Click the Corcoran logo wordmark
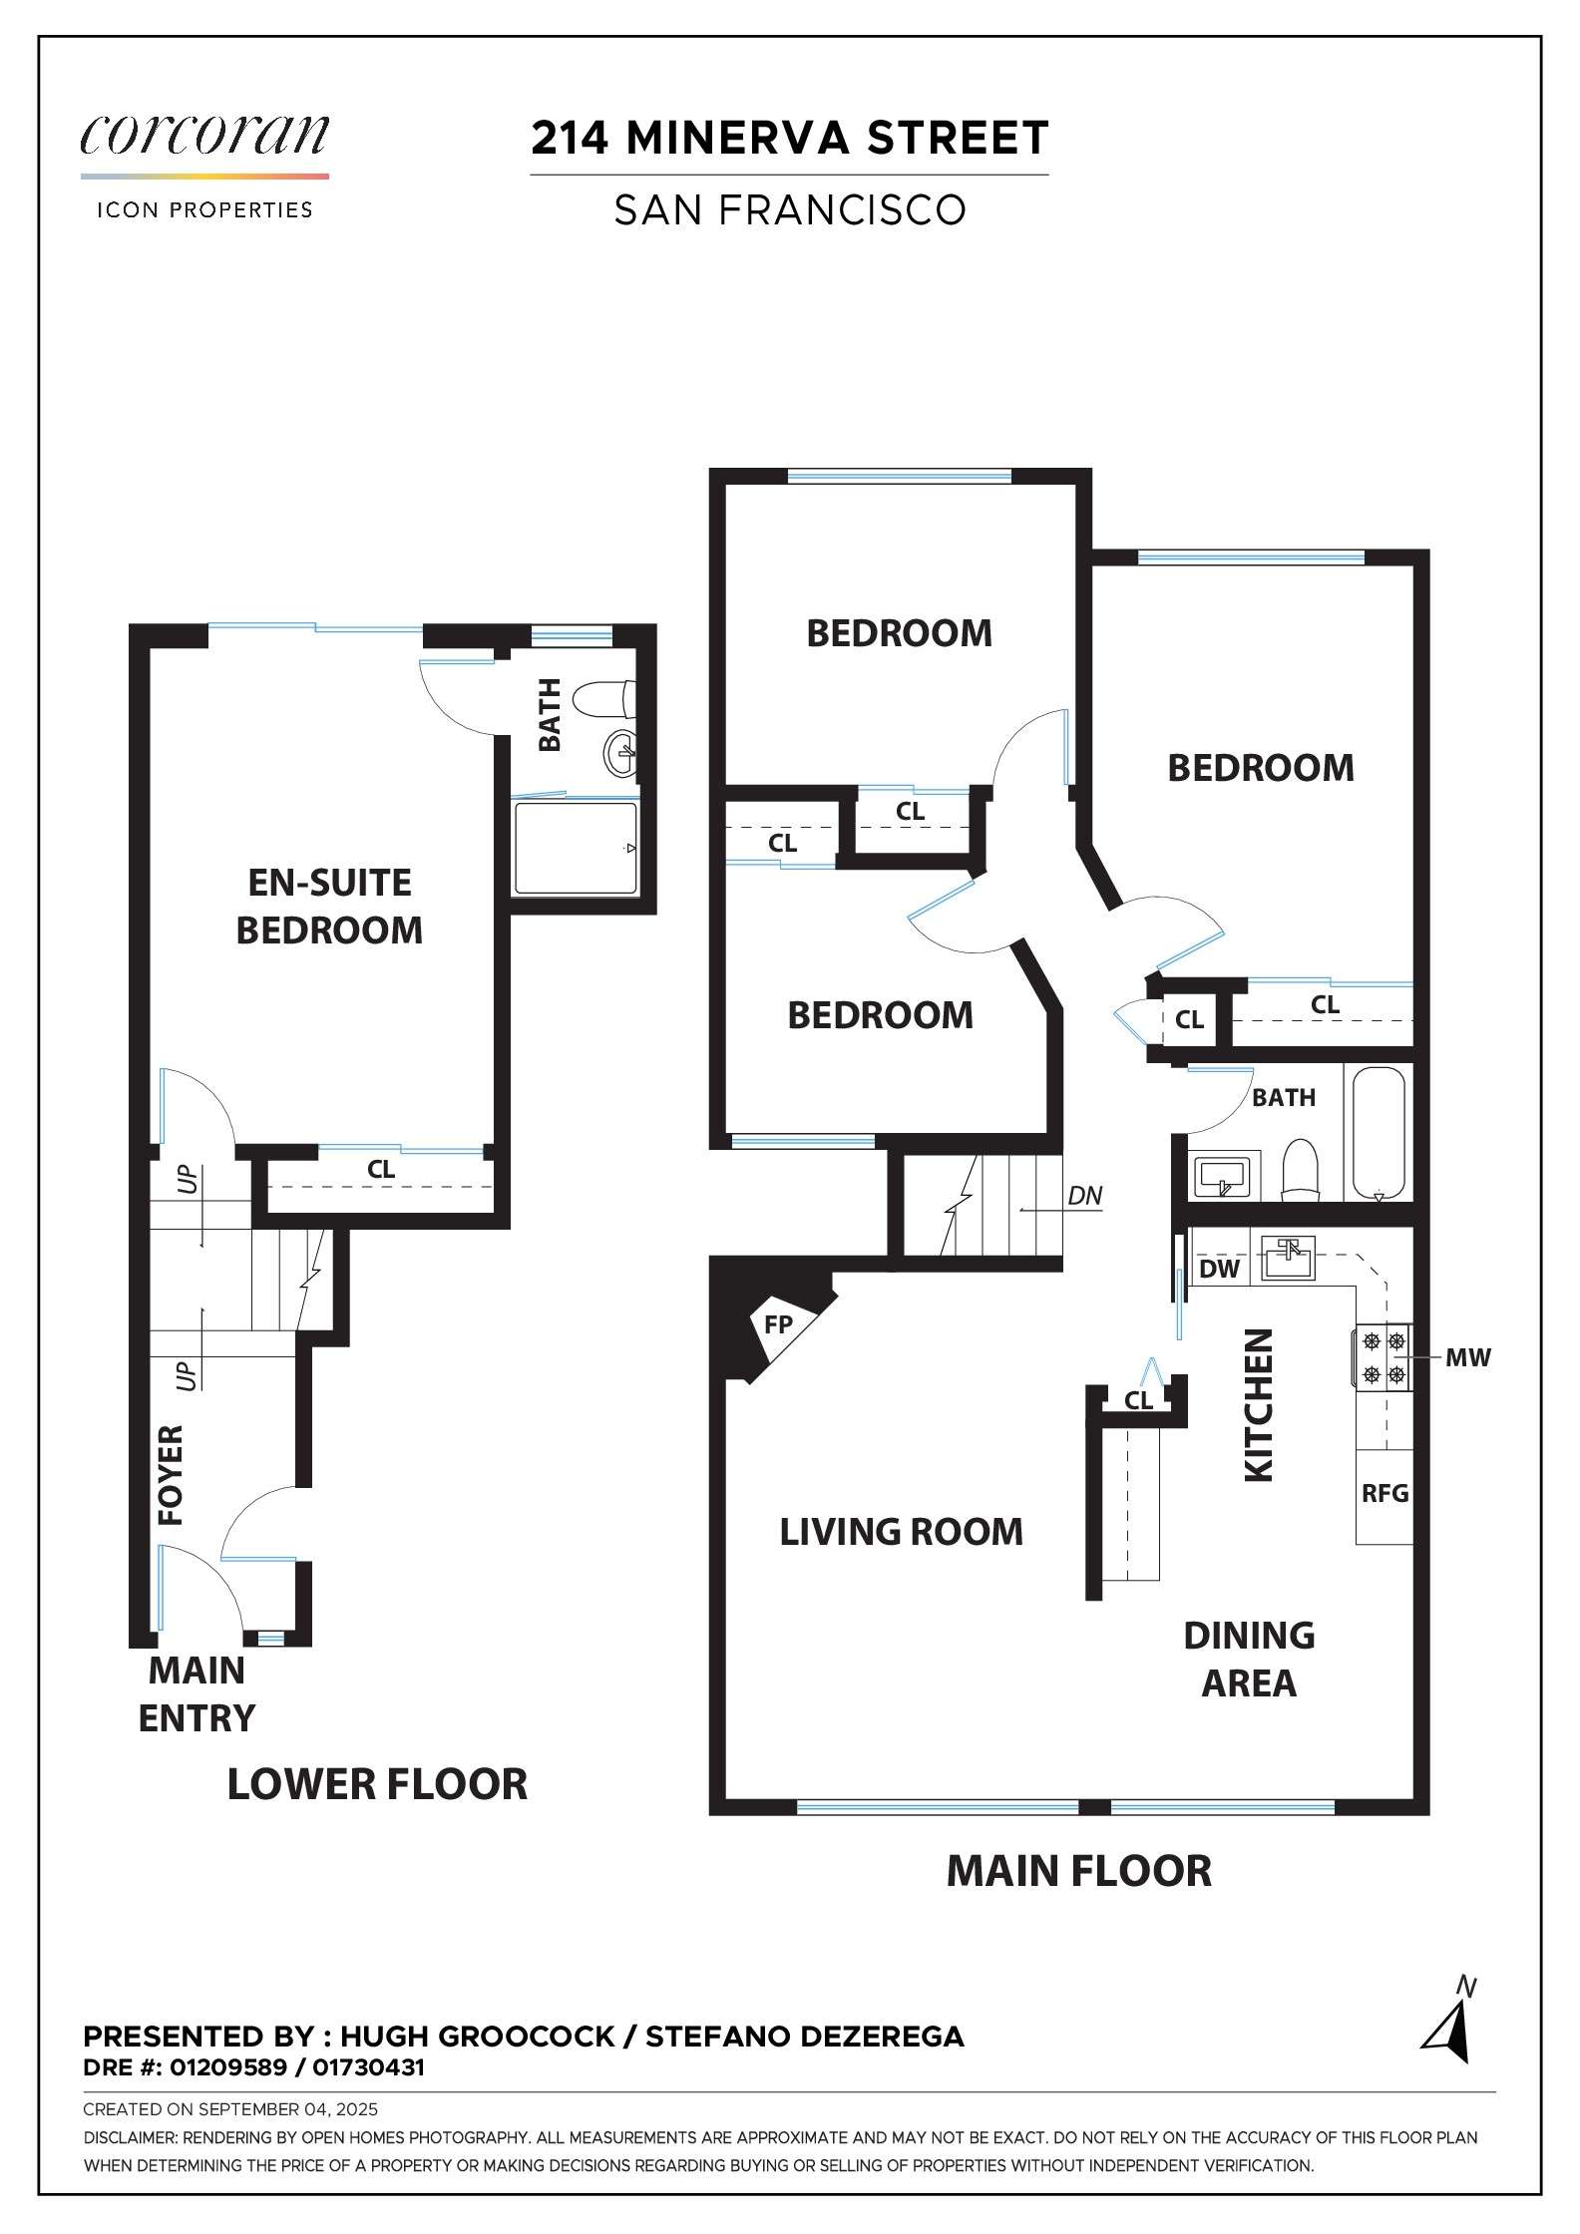(204, 136)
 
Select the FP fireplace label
(778, 1324)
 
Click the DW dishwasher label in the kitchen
(1219, 1269)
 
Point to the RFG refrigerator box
(1384, 1494)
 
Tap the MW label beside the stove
(1467, 1357)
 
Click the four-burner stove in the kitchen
(1383, 1357)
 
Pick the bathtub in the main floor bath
(1380, 1133)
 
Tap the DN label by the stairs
(1084, 1195)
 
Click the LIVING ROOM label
(901, 1532)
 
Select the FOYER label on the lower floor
(171, 1475)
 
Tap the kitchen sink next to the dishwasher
(1289, 1258)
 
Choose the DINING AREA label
(1249, 1660)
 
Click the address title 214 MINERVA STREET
(789, 138)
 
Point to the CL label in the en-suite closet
(381, 1169)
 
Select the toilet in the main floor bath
(1300, 1169)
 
